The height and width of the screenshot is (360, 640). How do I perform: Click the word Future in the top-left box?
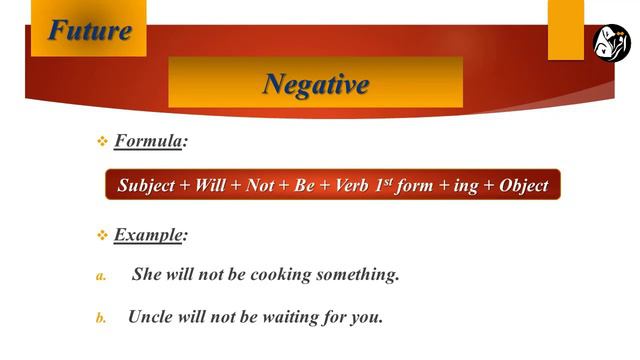point(90,30)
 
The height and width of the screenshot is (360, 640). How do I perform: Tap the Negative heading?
point(315,84)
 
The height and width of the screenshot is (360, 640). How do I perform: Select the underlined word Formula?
point(148,142)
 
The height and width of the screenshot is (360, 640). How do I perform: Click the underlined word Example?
point(149,235)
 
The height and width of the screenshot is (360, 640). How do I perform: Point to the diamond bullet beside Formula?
point(101,143)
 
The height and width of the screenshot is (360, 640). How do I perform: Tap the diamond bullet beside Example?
point(101,236)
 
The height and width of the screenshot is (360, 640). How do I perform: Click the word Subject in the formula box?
point(146,186)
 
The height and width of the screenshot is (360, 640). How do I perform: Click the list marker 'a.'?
point(101,277)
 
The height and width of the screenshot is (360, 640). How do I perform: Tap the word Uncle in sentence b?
point(149,318)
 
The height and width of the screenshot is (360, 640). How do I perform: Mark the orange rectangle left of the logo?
point(566,29)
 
